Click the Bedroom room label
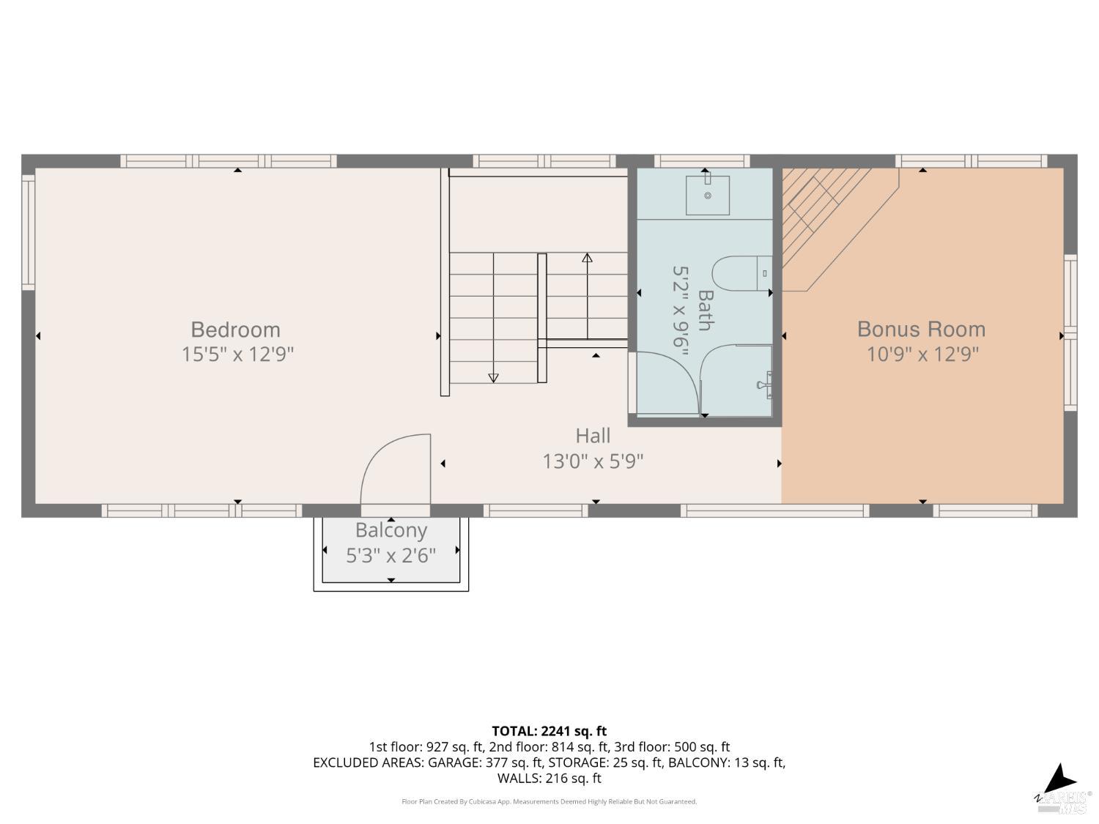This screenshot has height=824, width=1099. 235,330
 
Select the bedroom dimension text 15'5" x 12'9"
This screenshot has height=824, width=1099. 237,355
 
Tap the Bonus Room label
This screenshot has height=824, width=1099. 921,330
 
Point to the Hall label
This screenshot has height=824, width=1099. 593,436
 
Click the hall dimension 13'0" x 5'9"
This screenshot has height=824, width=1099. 593,461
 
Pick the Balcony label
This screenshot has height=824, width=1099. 391,530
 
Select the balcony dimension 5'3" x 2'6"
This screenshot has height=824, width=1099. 391,556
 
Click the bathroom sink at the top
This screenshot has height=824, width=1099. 707,195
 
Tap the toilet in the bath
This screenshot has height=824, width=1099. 740,273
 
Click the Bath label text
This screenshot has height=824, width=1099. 705,310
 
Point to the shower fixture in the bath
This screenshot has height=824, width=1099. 765,382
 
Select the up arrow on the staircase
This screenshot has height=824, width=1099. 587,258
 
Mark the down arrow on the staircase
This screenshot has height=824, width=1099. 493,378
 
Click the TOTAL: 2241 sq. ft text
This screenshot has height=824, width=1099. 549,731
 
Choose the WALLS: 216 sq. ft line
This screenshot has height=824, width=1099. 549,779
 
